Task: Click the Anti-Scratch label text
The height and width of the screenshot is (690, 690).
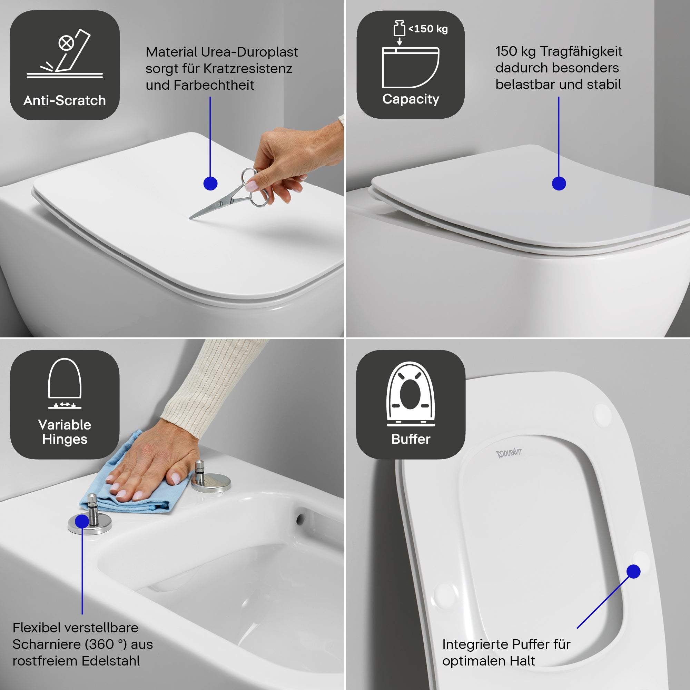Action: click(65, 101)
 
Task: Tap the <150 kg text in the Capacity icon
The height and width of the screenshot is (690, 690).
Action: click(428, 29)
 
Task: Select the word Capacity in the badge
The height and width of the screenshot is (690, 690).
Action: click(411, 99)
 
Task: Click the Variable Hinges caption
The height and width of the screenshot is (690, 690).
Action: click(65, 432)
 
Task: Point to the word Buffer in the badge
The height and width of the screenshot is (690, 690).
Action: click(411, 439)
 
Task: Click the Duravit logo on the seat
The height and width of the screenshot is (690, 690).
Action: click(509, 453)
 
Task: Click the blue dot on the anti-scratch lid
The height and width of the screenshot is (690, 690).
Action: click(210, 184)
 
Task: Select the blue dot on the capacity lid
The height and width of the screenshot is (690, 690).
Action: click(559, 184)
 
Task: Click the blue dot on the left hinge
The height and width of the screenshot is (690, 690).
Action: click(82, 521)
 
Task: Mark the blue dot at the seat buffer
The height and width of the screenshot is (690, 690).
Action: click(633, 571)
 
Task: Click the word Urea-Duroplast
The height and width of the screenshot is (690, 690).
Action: click(249, 52)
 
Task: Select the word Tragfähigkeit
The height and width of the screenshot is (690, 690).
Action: click(581, 51)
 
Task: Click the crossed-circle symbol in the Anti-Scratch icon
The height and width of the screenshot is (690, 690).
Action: click(67, 43)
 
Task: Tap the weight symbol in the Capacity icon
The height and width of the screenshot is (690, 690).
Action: click(399, 28)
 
